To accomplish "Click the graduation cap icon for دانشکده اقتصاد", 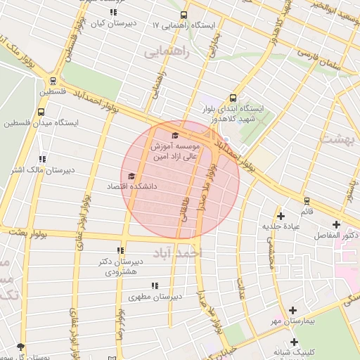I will (131, 176).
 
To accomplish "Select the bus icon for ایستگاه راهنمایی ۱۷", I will (184, 15).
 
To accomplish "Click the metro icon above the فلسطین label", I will (53, 81).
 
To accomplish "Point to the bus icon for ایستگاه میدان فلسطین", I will (41, 111).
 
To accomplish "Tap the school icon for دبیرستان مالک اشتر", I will (43, 159).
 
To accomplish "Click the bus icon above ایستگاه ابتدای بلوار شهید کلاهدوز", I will (233, 98).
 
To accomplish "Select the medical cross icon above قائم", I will (307, 201).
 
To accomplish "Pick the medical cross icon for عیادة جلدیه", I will (281, 216).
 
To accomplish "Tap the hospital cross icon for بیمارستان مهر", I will (293, 310).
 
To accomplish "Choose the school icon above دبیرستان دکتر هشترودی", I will (120, 250).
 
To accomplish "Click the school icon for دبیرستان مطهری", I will (155, 285).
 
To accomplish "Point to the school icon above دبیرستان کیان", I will (113, 12).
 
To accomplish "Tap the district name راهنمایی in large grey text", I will (162, 53).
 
